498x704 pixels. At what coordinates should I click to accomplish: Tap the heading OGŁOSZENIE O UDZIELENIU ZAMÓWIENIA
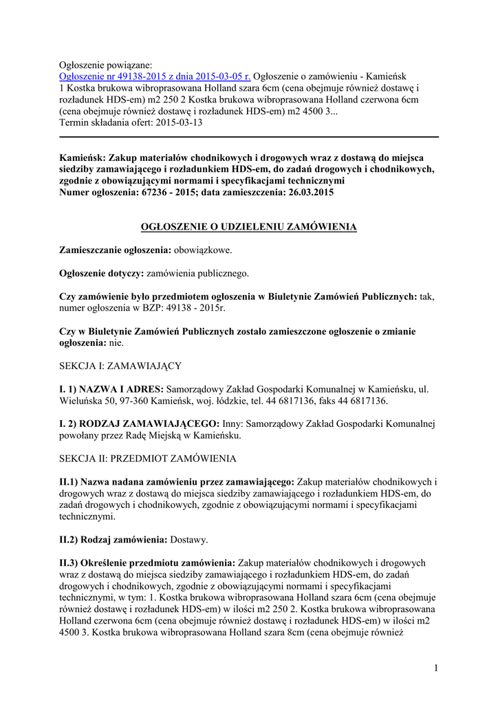click(x=248, y=226)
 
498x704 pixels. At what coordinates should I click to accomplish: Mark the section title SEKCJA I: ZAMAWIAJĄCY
click(x=120, y=366)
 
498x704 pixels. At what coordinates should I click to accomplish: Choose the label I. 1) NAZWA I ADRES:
click(x=111, y=390)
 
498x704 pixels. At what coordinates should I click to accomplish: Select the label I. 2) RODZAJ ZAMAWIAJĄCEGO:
click(x=140, y=424)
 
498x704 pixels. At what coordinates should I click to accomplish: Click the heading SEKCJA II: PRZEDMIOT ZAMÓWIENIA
click(x=148, y=459)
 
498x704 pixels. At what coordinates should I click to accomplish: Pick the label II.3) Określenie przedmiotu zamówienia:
click(x=147, y=562)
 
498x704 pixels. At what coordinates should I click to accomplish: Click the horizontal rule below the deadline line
click(x=248, y=137)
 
